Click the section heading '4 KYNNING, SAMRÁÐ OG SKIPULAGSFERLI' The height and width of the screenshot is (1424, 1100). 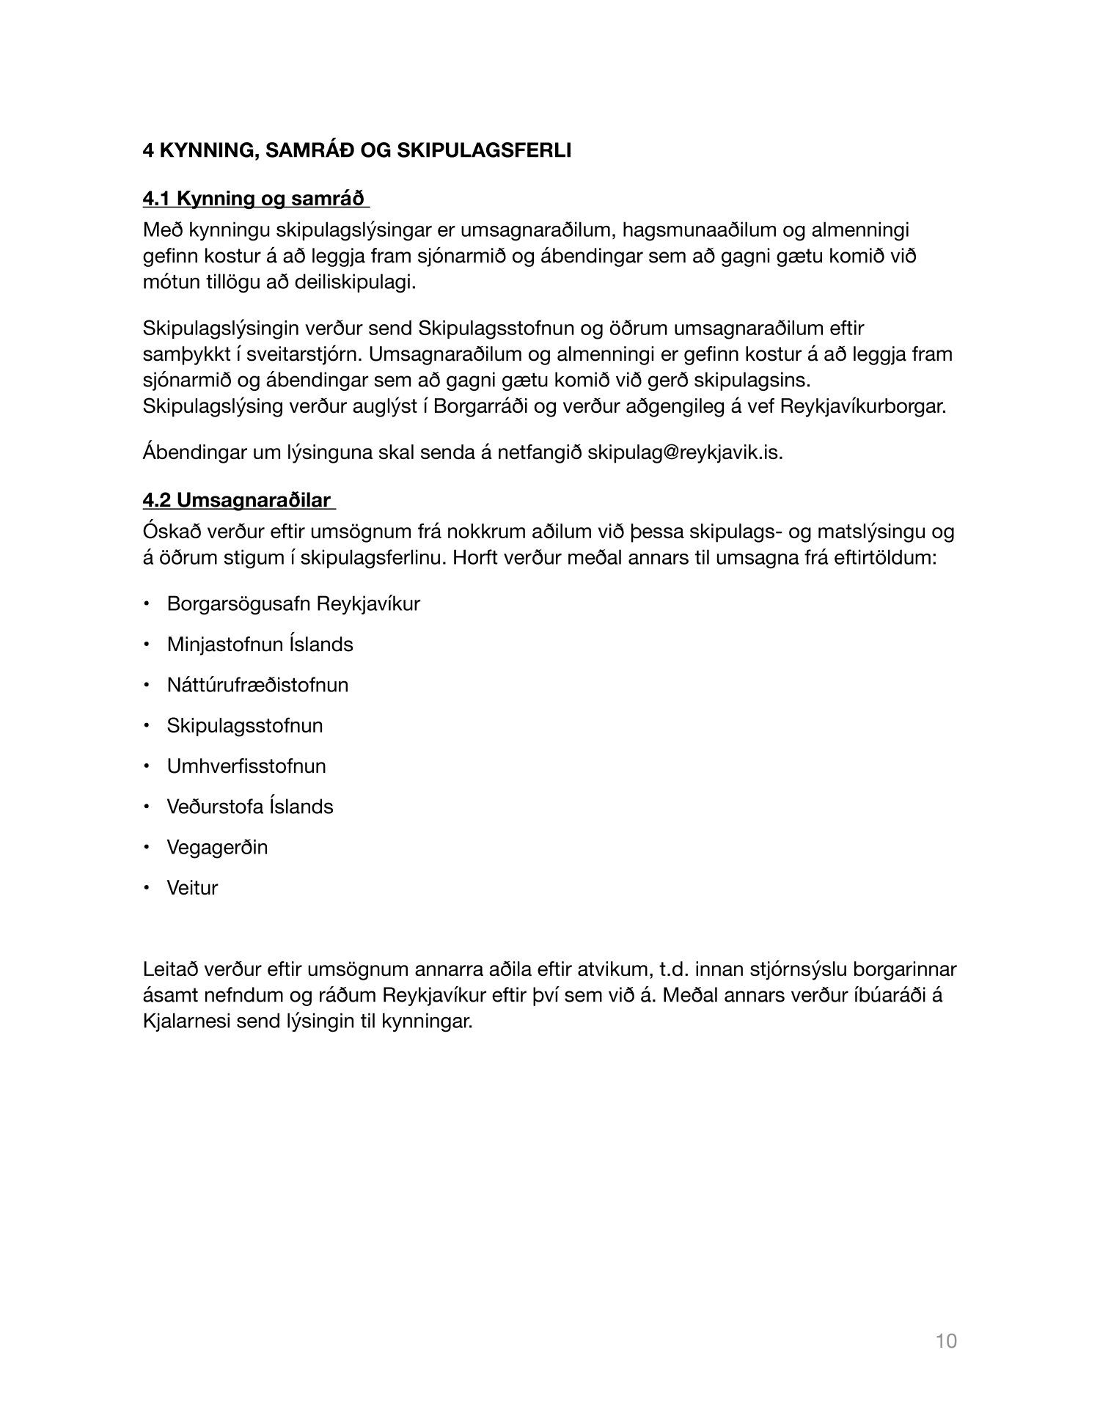click(x=356, y=151)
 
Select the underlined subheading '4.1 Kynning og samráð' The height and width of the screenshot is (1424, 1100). click(x=254, y=199)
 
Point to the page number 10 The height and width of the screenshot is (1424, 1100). click(x=946, y=1341)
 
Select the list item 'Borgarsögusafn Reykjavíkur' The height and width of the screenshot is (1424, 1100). click(x=293, y=604)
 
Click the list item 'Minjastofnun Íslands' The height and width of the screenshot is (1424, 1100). click(x=260, y=645)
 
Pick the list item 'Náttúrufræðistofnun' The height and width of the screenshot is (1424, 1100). click(x=257, y=685)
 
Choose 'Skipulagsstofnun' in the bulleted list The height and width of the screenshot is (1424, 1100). click(x=245, y=726)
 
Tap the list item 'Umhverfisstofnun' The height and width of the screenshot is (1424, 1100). click(x=246, y=766)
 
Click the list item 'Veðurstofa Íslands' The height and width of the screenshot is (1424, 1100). click(x=250, y=807)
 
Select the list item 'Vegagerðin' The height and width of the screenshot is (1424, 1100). click(x=217, y=848)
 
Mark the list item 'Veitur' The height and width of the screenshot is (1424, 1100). click(x=192, y=888)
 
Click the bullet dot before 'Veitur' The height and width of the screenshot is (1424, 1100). click(x=147, y=888)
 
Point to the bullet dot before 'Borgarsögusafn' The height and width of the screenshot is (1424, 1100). click(x=147, y=604)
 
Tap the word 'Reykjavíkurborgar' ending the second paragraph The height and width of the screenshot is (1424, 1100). click(x=862, y=406)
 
